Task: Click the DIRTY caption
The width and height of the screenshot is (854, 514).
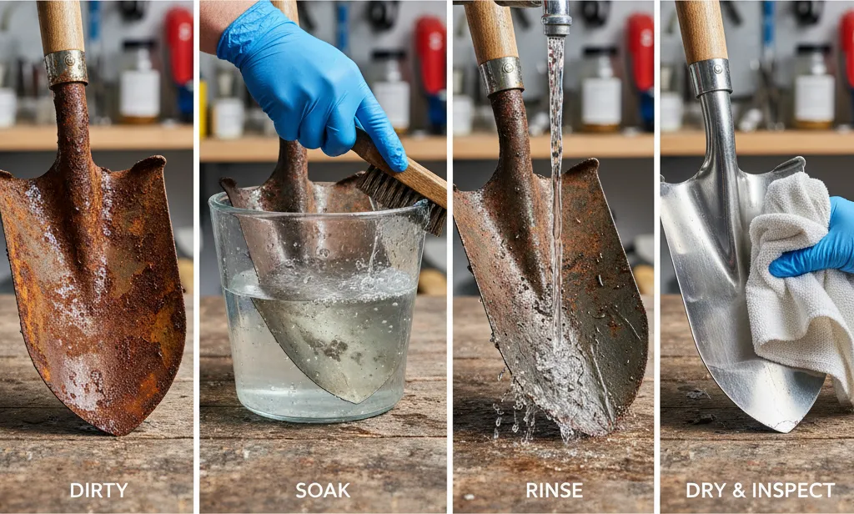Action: (x=98, y=490)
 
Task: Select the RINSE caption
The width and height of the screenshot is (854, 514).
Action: (x=554, y=490)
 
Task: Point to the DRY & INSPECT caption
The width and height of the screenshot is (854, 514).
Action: (x=760, y=490)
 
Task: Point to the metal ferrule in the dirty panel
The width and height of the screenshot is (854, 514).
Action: (x=66, y=68)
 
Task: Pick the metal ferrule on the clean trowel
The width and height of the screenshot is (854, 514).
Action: (x=710, y=77)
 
